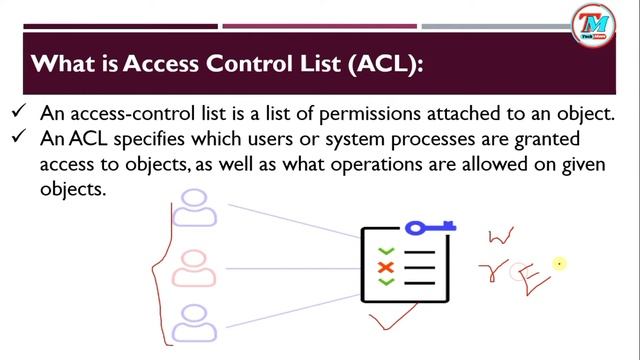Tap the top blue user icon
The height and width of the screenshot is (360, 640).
click(198, 208)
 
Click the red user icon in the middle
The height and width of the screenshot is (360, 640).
click(198, 267)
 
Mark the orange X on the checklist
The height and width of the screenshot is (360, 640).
click(385, 267)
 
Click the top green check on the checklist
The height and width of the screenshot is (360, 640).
click(385, 251)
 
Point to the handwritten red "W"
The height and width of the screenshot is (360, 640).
click(501, 235)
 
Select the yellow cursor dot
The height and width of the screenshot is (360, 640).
click(560, 264)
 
